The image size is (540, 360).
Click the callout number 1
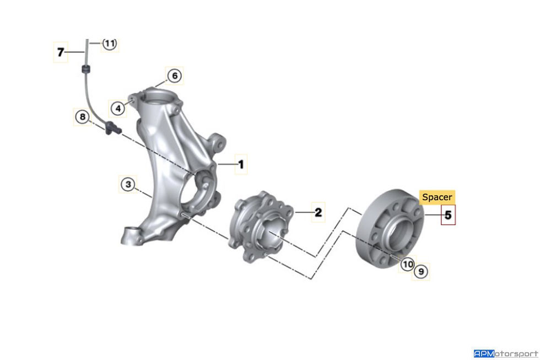(240, 164)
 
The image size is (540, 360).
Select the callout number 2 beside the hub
(317, 212)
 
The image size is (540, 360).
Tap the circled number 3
(128, 184)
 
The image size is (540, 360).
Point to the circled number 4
(117, 108)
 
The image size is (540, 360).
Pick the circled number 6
(174, 76)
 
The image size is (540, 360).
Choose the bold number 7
(61, 53)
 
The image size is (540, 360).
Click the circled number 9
(422, 271)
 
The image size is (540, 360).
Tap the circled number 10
(407, 265)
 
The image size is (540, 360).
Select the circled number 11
(110, 43)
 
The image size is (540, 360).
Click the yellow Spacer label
(437, 197)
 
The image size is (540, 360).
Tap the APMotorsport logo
(505, 353)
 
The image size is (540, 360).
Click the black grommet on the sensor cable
(85, 69)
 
